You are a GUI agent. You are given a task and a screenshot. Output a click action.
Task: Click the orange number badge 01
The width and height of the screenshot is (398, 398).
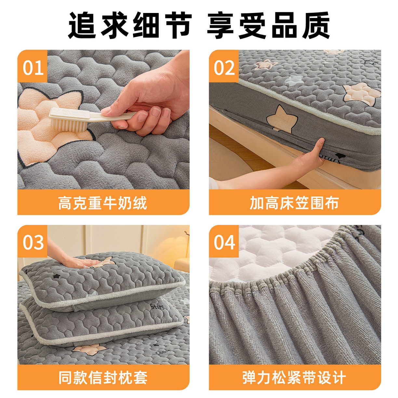pos(33,67)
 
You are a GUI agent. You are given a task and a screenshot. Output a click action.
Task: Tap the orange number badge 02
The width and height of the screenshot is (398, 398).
pos(224,67)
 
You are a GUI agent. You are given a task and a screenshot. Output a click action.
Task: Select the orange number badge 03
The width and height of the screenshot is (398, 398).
pos(33,242)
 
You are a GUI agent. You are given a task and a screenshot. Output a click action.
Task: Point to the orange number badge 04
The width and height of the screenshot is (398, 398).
pos(224,242)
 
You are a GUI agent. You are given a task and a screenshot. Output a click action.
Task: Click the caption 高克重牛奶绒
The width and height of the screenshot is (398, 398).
pos(103,203)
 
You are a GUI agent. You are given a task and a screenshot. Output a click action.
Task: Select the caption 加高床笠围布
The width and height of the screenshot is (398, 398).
pos(294,203)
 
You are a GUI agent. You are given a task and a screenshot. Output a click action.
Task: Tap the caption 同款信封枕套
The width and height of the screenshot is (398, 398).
pos(103,378)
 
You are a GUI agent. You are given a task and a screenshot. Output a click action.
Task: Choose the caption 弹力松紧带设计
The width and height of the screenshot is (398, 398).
pos(294,378)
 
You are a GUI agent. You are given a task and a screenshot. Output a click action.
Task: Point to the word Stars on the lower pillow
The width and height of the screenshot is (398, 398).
pos(157,306)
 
